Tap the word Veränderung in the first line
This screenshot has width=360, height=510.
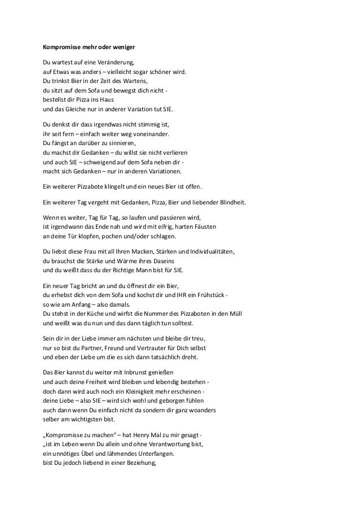click(116, 63)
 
